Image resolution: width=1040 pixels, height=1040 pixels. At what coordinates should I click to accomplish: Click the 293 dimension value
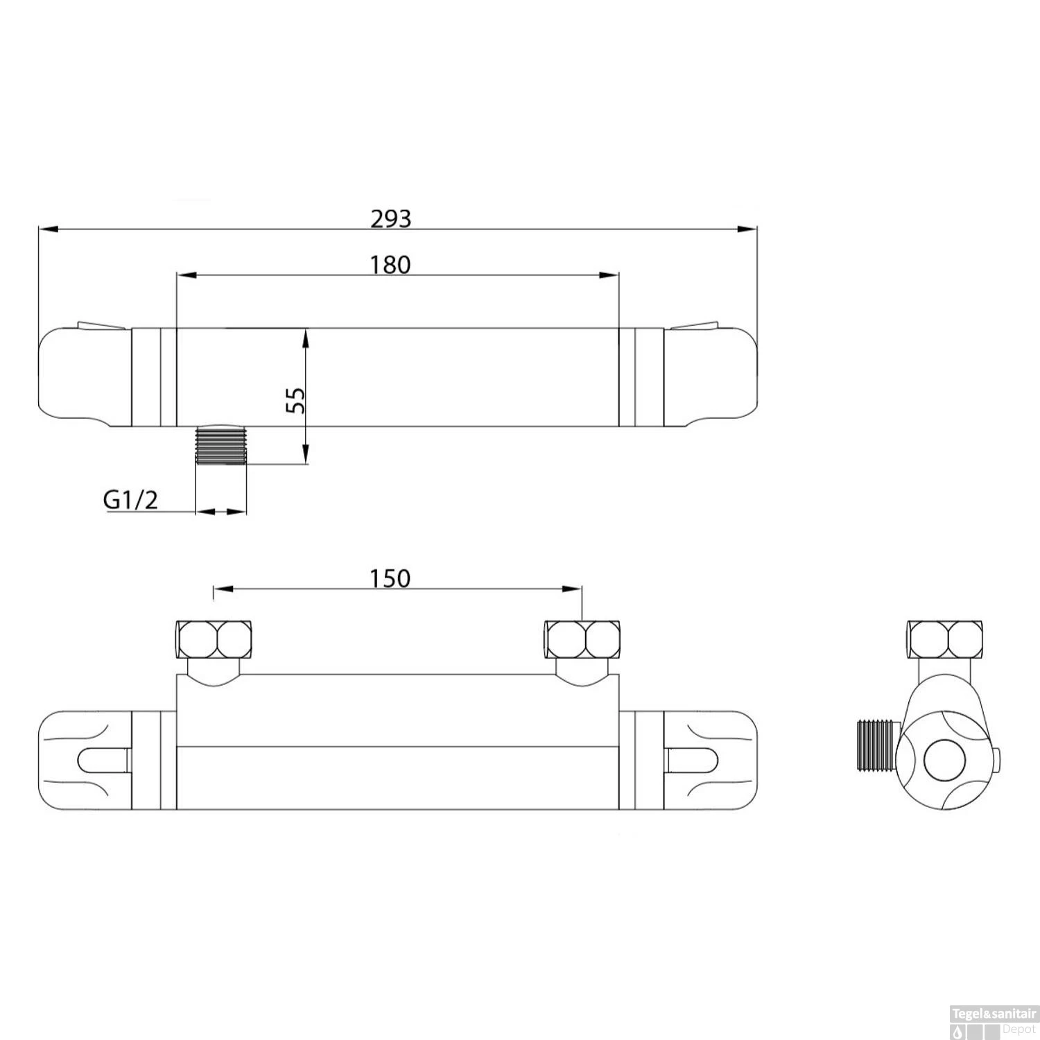(390, 218)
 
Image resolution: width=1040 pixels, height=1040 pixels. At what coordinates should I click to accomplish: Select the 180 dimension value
(390, 264)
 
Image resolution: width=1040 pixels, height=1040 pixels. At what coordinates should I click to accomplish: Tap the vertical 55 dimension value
(296, 400)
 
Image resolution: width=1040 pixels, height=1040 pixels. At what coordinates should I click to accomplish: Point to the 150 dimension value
(390, 578)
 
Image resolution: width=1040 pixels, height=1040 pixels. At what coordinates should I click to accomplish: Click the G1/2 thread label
(130, 499)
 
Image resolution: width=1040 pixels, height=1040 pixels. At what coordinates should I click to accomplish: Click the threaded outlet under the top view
(222, 445)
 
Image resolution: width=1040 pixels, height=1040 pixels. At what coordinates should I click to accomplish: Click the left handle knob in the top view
(85, 378)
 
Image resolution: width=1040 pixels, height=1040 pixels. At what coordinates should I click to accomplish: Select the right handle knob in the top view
(711, 378)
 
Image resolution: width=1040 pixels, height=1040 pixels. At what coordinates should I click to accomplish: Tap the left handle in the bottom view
(85, 760)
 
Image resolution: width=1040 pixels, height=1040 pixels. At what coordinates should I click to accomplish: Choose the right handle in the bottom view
(711, 760)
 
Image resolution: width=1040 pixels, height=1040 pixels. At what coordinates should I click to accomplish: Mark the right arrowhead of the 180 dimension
(609, 275)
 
